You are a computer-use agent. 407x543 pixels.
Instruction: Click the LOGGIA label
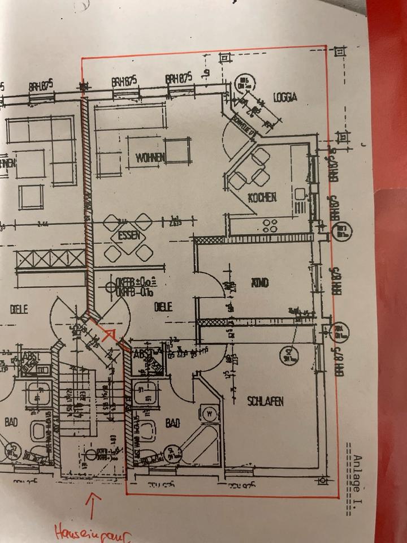pos(285,97)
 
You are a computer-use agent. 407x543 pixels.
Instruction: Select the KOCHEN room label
pos(262,197)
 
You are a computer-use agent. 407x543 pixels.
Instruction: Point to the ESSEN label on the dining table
pos(129,236)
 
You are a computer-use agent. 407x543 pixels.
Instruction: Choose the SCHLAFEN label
pos(265,401)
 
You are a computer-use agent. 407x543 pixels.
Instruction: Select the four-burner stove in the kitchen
pos(270,226)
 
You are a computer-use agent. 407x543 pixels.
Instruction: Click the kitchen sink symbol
pos(299,194)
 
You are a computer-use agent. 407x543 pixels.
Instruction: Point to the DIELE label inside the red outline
pos(163,307)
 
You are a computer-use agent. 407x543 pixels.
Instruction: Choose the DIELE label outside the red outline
pos(19,309)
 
